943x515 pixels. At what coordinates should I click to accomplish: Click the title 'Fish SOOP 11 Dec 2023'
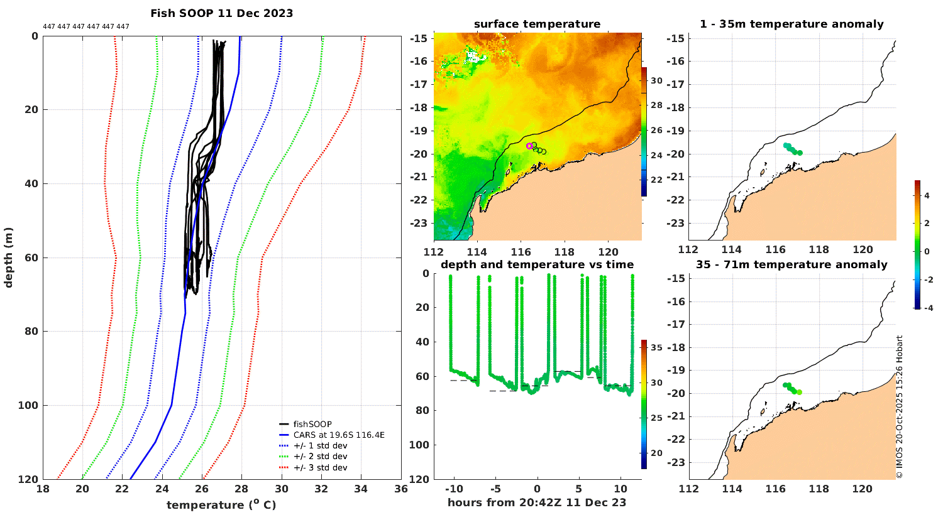(x=221, y=13)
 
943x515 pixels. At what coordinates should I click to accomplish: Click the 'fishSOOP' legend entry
(x=312, y=425)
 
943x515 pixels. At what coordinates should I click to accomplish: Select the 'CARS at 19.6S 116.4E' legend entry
(x=339, y=435)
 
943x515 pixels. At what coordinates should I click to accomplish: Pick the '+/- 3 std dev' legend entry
(x=320, y=468)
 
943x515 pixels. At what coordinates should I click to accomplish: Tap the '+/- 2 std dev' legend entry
(x=320, y=457)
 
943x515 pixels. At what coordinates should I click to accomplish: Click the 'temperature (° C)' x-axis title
(x=221, y=505)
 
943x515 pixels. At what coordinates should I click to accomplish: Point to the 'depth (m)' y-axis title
(x=9, y=257)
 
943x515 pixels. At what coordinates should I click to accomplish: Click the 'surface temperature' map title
(x=538, y=24)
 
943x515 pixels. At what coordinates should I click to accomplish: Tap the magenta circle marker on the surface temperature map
(x=529, y=146)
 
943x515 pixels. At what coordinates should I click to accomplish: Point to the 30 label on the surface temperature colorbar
(x=656, y=81)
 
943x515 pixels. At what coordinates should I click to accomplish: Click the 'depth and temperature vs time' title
(x=538, y=264)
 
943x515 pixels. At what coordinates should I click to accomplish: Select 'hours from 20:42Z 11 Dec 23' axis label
(x=537, y=502)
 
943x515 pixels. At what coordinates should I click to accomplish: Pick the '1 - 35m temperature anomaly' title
(x=791, y=24)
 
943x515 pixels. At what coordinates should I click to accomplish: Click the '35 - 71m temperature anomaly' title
(x=791, y=264)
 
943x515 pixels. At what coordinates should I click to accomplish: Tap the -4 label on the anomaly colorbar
(x=927, y=308)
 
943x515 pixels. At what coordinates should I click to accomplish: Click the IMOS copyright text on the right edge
(x=900, y=407)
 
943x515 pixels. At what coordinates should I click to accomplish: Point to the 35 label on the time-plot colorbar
(x=656, y=348)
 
